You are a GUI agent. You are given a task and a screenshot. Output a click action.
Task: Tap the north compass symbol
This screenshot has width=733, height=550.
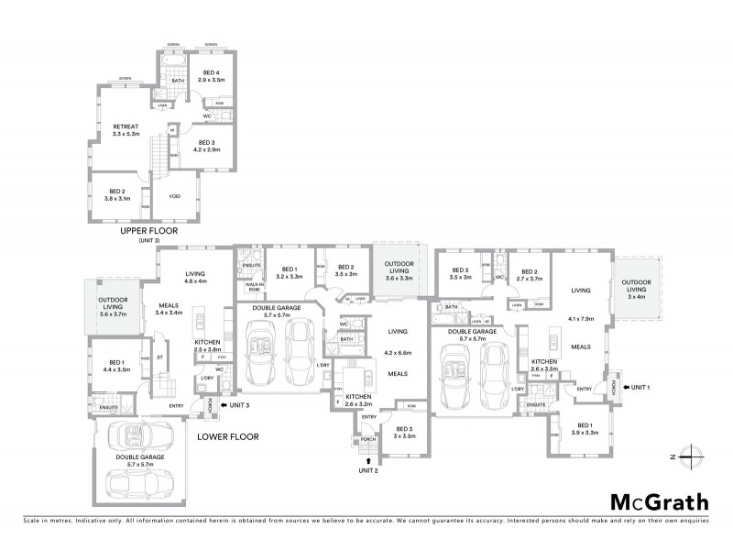click(693, 456)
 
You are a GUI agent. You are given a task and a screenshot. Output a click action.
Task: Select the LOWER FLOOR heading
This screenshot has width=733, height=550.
click(227, 437)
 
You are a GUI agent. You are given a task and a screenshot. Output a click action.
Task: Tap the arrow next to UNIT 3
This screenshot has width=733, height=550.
click(224, 404)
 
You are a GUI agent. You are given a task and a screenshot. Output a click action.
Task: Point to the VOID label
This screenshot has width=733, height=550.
click(174, 196)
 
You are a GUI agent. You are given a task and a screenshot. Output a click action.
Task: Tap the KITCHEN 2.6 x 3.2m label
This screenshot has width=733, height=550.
click(358, 400)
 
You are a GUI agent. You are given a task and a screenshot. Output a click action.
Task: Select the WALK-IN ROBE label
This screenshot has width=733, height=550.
click(248, 286)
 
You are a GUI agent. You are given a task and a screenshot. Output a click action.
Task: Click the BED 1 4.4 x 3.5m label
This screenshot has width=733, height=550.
click(118, 366)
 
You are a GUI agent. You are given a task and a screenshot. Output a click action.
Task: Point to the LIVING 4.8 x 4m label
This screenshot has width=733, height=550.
click(195, 277)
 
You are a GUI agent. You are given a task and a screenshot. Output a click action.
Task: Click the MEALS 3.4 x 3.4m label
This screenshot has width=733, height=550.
click(170, 309)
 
